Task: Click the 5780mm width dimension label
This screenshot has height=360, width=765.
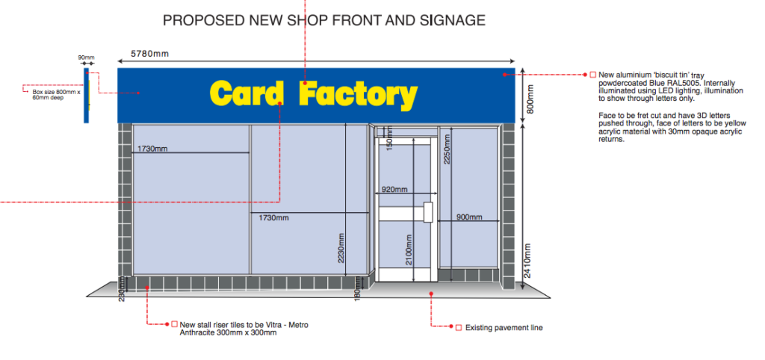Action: pos(149,54)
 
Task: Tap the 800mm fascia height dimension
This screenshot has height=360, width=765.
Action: pos(531,99)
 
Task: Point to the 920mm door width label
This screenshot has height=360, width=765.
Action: pos(394,189)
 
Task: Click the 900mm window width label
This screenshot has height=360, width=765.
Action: pos(469,217)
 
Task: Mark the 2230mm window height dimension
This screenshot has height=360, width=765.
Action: pos(341,248)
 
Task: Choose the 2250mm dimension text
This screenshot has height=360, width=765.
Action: pos(447,149)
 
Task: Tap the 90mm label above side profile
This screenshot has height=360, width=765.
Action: pos(87,58)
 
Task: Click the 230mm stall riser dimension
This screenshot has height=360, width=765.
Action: pos(122,290)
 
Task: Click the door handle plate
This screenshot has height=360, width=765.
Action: pos(429,212)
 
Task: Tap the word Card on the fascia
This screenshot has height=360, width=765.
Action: pos(247,93)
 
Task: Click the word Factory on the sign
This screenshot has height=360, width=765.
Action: pos(358,95)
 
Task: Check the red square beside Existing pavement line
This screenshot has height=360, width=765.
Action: pos(458,328)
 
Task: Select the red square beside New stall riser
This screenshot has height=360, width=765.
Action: pos(174,324)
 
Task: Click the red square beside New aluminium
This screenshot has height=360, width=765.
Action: pos(592,75)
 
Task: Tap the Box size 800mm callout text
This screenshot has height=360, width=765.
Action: pos(55,95)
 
